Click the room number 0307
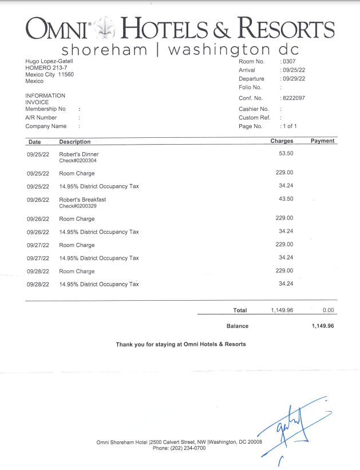point(288,61)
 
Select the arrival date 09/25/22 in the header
point(293,70)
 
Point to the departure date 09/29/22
point(293,78)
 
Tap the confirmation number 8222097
point(294,98)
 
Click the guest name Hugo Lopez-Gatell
point(49,61)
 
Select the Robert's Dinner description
point(79,154)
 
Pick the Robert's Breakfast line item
point(82,200)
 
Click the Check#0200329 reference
point(78,206)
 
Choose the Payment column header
point(322,141)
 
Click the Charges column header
point(282,141)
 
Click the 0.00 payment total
point(328,310)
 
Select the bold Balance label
point(238,326)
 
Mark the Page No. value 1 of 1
point(290,126)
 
